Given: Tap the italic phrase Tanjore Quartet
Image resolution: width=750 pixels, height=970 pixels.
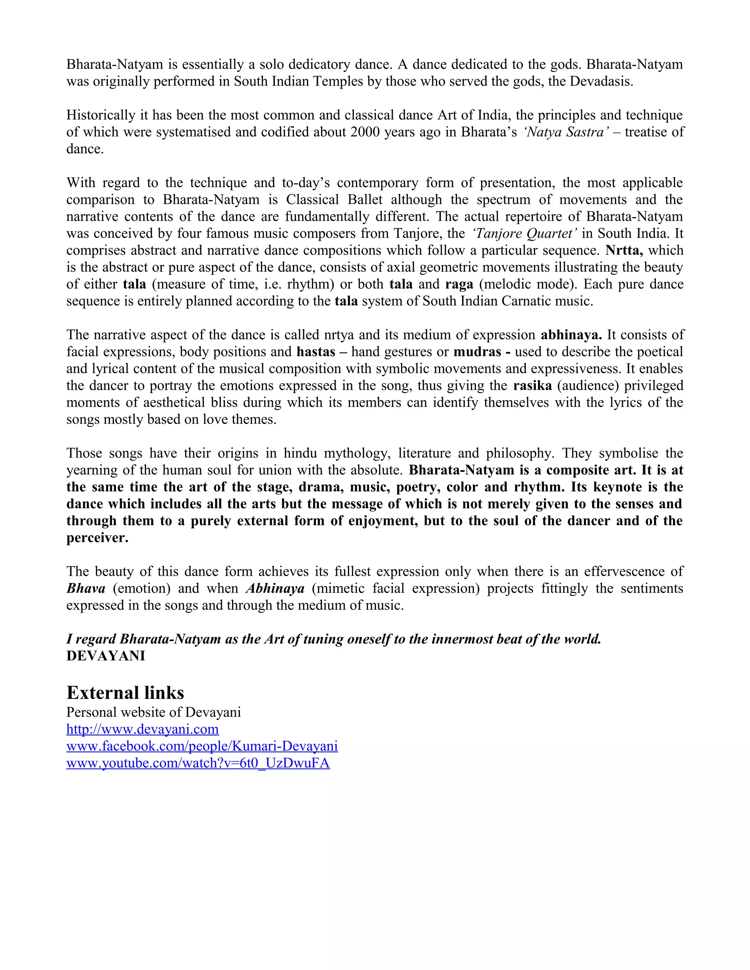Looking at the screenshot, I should click(524, 233).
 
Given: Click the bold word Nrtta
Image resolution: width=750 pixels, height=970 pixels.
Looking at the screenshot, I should click(624, 250).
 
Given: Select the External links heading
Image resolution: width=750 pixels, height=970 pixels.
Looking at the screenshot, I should click(125, 693).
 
